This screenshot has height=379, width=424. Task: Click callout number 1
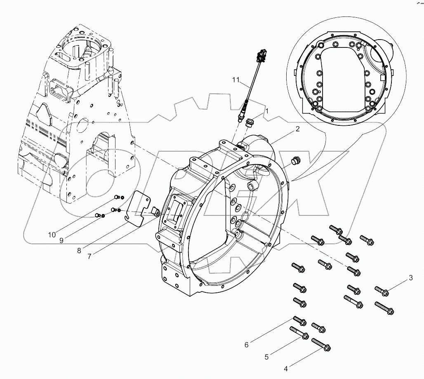(x=267, y=111)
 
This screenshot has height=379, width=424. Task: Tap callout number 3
(x=411, y=278)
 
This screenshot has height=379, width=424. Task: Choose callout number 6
(x=247, y=344)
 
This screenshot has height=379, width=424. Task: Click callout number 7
(x=89, y=255)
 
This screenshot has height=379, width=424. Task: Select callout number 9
(x=61, y=240)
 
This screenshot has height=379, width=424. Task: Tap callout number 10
(x=52, y=235)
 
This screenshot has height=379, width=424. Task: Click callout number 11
(x=236, y=80)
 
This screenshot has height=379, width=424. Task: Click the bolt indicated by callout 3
(x=382, y=291)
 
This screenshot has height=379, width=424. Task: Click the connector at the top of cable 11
(x=260, y=55)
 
